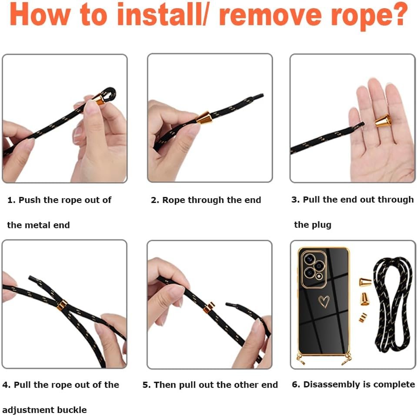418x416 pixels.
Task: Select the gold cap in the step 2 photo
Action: coord(204,118)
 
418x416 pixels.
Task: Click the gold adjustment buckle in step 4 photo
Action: coord(62,306)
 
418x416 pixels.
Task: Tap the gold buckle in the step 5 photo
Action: coord(209,307)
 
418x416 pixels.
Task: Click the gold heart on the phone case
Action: coord(324,302)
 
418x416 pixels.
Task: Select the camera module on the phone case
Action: coord(314,269)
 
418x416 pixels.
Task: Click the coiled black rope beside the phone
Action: coord(392,305)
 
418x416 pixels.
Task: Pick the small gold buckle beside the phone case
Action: coord(363,317)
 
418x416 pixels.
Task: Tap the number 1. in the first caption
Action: coord(12,200)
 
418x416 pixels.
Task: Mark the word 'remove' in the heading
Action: coord(270,16)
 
